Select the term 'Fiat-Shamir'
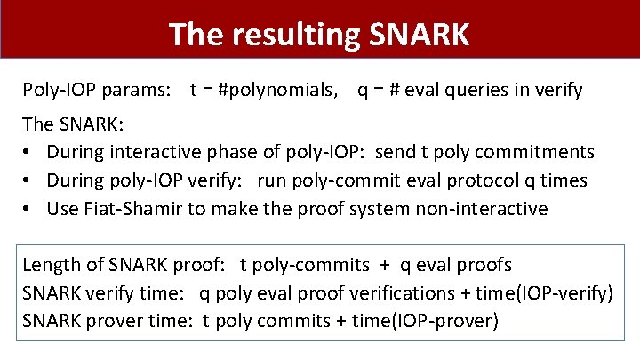pyautogui.click(x=122, y=209)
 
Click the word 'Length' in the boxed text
pyautogui.click(x=50, y=265)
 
